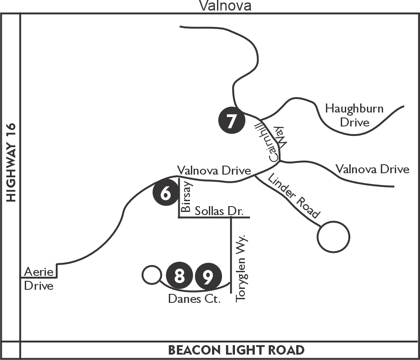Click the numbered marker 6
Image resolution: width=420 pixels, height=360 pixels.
pos(166,193)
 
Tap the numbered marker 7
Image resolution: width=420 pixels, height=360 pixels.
pos(232,120)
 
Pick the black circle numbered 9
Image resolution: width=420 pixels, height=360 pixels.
pos(208,276)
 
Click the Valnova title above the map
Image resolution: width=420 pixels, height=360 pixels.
pos(225,5)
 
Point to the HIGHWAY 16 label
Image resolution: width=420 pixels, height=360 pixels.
pos(11,162)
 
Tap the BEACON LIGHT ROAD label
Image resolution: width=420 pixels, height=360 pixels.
pos(236,350)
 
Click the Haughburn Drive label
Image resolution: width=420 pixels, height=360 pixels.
pos(354,116)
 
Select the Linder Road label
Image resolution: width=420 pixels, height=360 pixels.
pos(294,196)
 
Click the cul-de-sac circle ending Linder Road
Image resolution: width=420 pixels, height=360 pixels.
pos(334,221)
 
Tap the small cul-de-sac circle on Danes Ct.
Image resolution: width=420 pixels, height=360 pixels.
pos(152,265)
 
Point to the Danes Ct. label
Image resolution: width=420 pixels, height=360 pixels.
pos(194,299)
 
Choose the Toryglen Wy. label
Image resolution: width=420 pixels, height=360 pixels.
pos(240,269)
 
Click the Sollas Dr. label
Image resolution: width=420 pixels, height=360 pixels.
pos(219,211)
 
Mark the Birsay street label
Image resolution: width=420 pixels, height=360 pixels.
pos(186,197)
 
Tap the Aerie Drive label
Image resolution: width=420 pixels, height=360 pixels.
pos(39,279)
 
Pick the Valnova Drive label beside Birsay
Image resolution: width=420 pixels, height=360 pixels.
pos(214,171)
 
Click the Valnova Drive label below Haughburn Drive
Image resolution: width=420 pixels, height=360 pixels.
pos(372,169)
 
